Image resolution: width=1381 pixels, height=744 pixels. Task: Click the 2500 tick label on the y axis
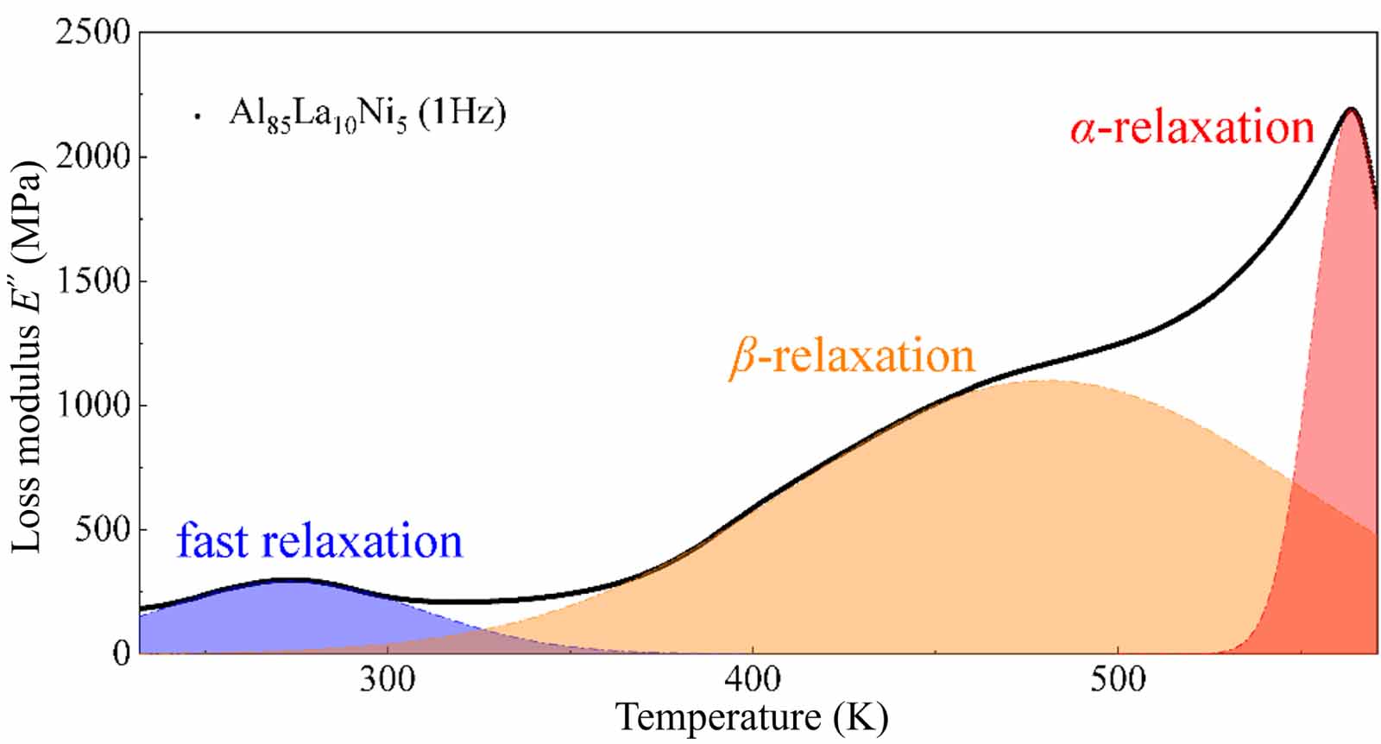coord(91,33)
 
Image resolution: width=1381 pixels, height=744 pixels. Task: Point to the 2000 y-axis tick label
coord(91,157)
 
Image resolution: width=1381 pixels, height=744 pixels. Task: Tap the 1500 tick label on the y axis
coord(91,281)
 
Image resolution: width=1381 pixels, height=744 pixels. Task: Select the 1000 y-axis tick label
coord(91,406)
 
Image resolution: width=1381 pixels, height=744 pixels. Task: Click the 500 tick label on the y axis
coord(102,529)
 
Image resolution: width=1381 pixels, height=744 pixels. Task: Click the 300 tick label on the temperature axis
coord(388,680)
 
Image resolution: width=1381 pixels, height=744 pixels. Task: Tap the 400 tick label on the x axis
coord(753,680)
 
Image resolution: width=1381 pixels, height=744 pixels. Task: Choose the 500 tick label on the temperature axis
coord(1117,680)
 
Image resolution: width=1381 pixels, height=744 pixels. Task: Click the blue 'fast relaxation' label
coord(319,542)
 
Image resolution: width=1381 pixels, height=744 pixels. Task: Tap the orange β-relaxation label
coord(853,356)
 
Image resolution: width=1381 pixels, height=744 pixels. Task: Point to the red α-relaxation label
coord(1192,128)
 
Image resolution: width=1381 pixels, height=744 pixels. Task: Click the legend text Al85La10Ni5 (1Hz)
coord(367,113)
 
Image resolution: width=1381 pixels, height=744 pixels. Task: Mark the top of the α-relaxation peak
coord(1351,110)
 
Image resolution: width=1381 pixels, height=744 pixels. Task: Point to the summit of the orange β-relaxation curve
coord(1049,381)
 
